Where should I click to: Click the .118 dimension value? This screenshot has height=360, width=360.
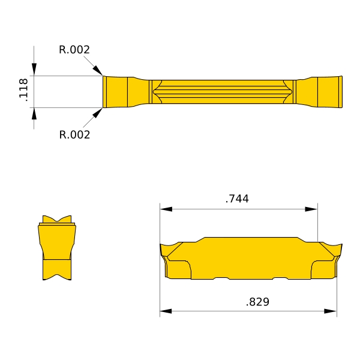23,90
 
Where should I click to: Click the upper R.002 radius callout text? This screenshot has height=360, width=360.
74,50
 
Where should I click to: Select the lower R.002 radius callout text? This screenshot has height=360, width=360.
74,134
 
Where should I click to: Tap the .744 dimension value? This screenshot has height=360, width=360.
237,199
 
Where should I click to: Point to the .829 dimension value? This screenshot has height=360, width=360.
257,302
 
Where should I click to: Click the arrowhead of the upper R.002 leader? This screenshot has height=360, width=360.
98,70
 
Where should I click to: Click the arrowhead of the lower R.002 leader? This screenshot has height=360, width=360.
97,113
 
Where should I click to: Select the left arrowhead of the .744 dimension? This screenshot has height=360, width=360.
166,209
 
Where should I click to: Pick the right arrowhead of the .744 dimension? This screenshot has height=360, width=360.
311,209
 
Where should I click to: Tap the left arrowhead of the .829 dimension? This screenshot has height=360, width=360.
166,311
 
